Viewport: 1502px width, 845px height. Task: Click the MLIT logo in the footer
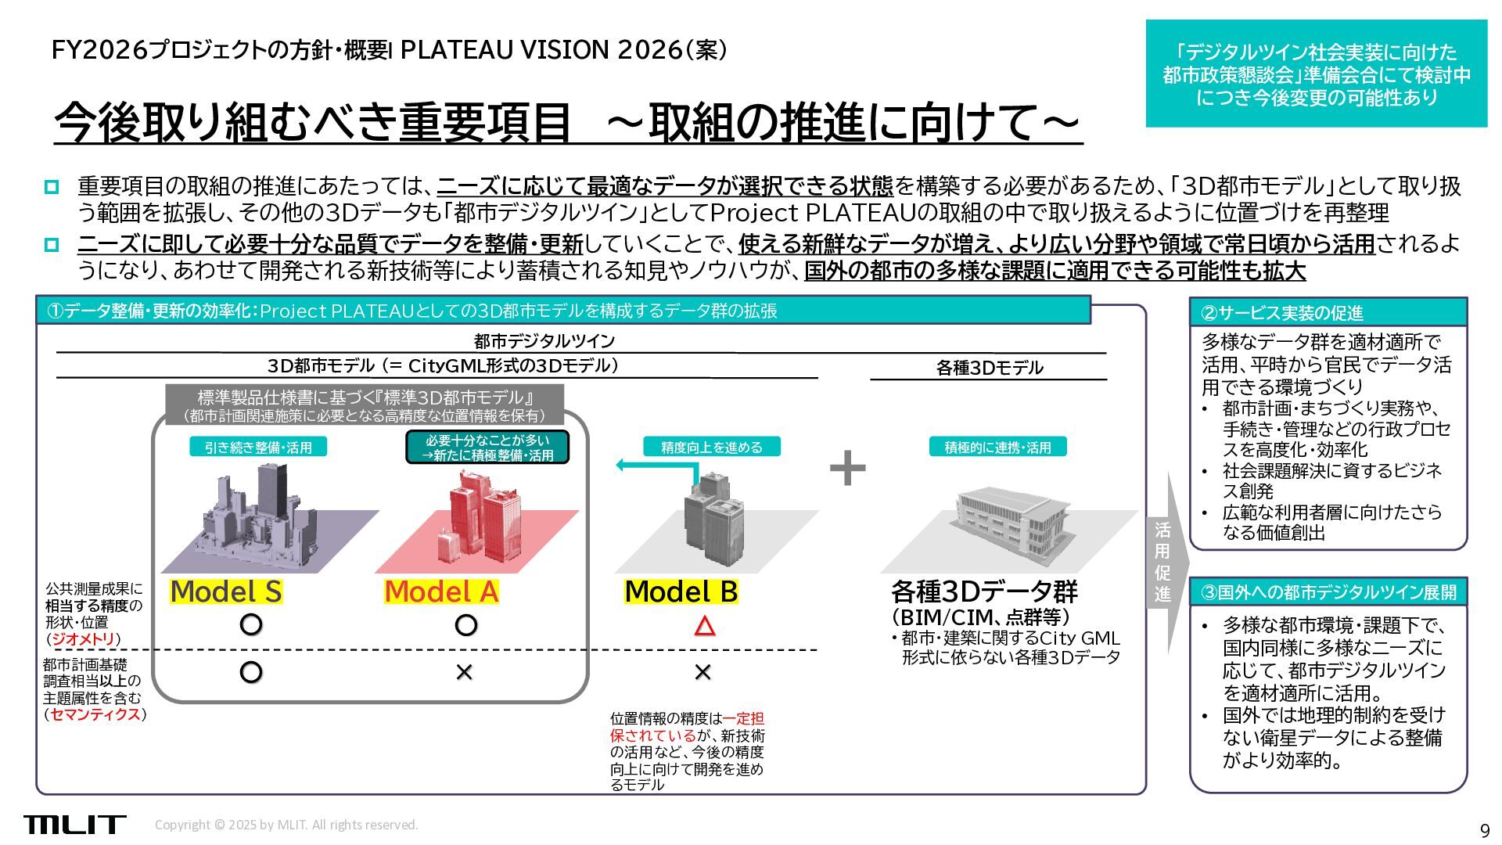[x=74, y=824]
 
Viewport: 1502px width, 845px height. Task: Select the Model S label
[x=226, y=591]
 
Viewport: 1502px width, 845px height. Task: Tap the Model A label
[x=441, y=591]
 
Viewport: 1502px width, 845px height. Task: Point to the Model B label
[x=681, y=591]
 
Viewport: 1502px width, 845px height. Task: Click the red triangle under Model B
[x=704, y=626]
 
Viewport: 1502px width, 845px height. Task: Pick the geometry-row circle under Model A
[x=465, y=625]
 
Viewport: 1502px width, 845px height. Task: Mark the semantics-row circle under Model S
[x=250, y=672]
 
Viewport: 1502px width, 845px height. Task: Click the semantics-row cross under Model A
[x=464, y=672]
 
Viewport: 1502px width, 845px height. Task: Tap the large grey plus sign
[x=847, y=469]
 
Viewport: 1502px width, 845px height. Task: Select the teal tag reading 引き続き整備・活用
[x=258, y=448]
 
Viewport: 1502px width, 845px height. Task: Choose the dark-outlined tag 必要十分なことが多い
[x=487, y=448]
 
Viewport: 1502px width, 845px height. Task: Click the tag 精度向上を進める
[x=711, y=448]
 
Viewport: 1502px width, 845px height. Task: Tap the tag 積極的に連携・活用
[x=997, y=448]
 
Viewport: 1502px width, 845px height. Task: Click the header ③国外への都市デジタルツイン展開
[x=1328, y=592]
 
